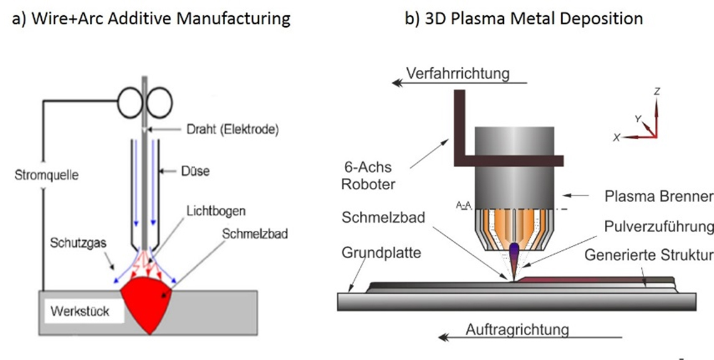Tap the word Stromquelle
tap(46, 175)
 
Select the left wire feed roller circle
tap(131, 99)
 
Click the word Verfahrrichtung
tap(458, 73)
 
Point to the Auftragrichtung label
tap(517, 328)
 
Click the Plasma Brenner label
tap(659, 196)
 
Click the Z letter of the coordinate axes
tap(657, 91)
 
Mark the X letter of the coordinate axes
tap(616, 138)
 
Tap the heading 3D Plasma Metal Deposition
tap(524, 18)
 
